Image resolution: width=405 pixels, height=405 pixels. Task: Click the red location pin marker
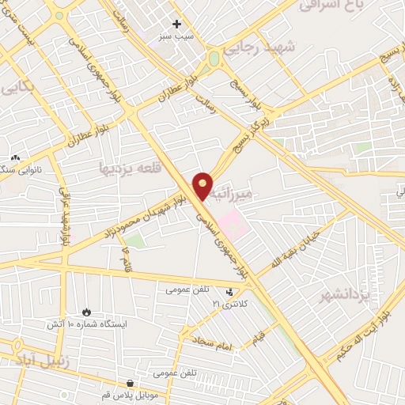(203, 185)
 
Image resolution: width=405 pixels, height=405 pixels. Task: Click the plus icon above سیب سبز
(177, 24)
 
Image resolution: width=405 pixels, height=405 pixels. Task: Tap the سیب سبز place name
(177, 36)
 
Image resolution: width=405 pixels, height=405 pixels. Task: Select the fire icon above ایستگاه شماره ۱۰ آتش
(86, 312)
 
